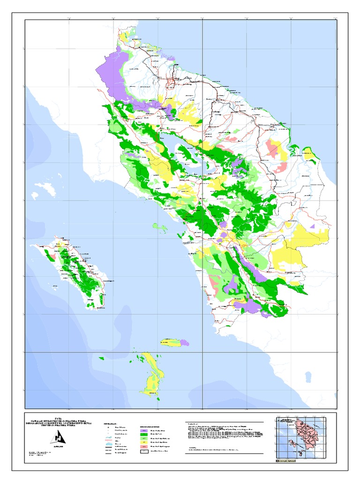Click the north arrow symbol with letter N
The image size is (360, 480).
(60, 438)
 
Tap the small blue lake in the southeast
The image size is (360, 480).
(308, 376)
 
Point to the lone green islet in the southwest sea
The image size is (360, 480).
(101, 359)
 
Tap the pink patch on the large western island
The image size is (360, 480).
(53, 257)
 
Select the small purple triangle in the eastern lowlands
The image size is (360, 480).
(312, 226)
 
